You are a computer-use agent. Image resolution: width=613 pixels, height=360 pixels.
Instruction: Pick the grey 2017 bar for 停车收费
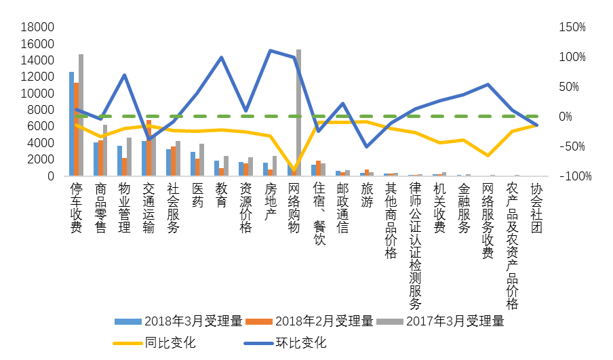coord(81,115)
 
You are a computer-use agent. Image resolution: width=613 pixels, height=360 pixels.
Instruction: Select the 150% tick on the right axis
coord(572,27)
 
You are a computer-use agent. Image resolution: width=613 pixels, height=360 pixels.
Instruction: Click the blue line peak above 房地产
coord(270,51)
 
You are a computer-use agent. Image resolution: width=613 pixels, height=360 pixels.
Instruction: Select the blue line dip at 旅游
coord(367,146)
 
